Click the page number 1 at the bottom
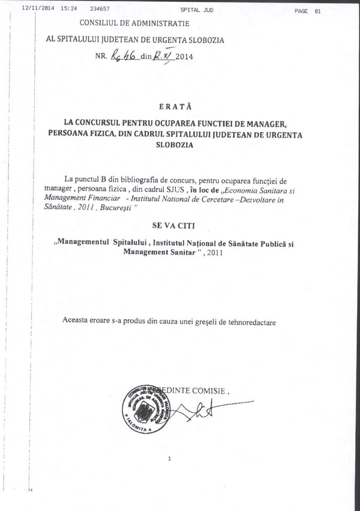[x=170, y=459]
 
